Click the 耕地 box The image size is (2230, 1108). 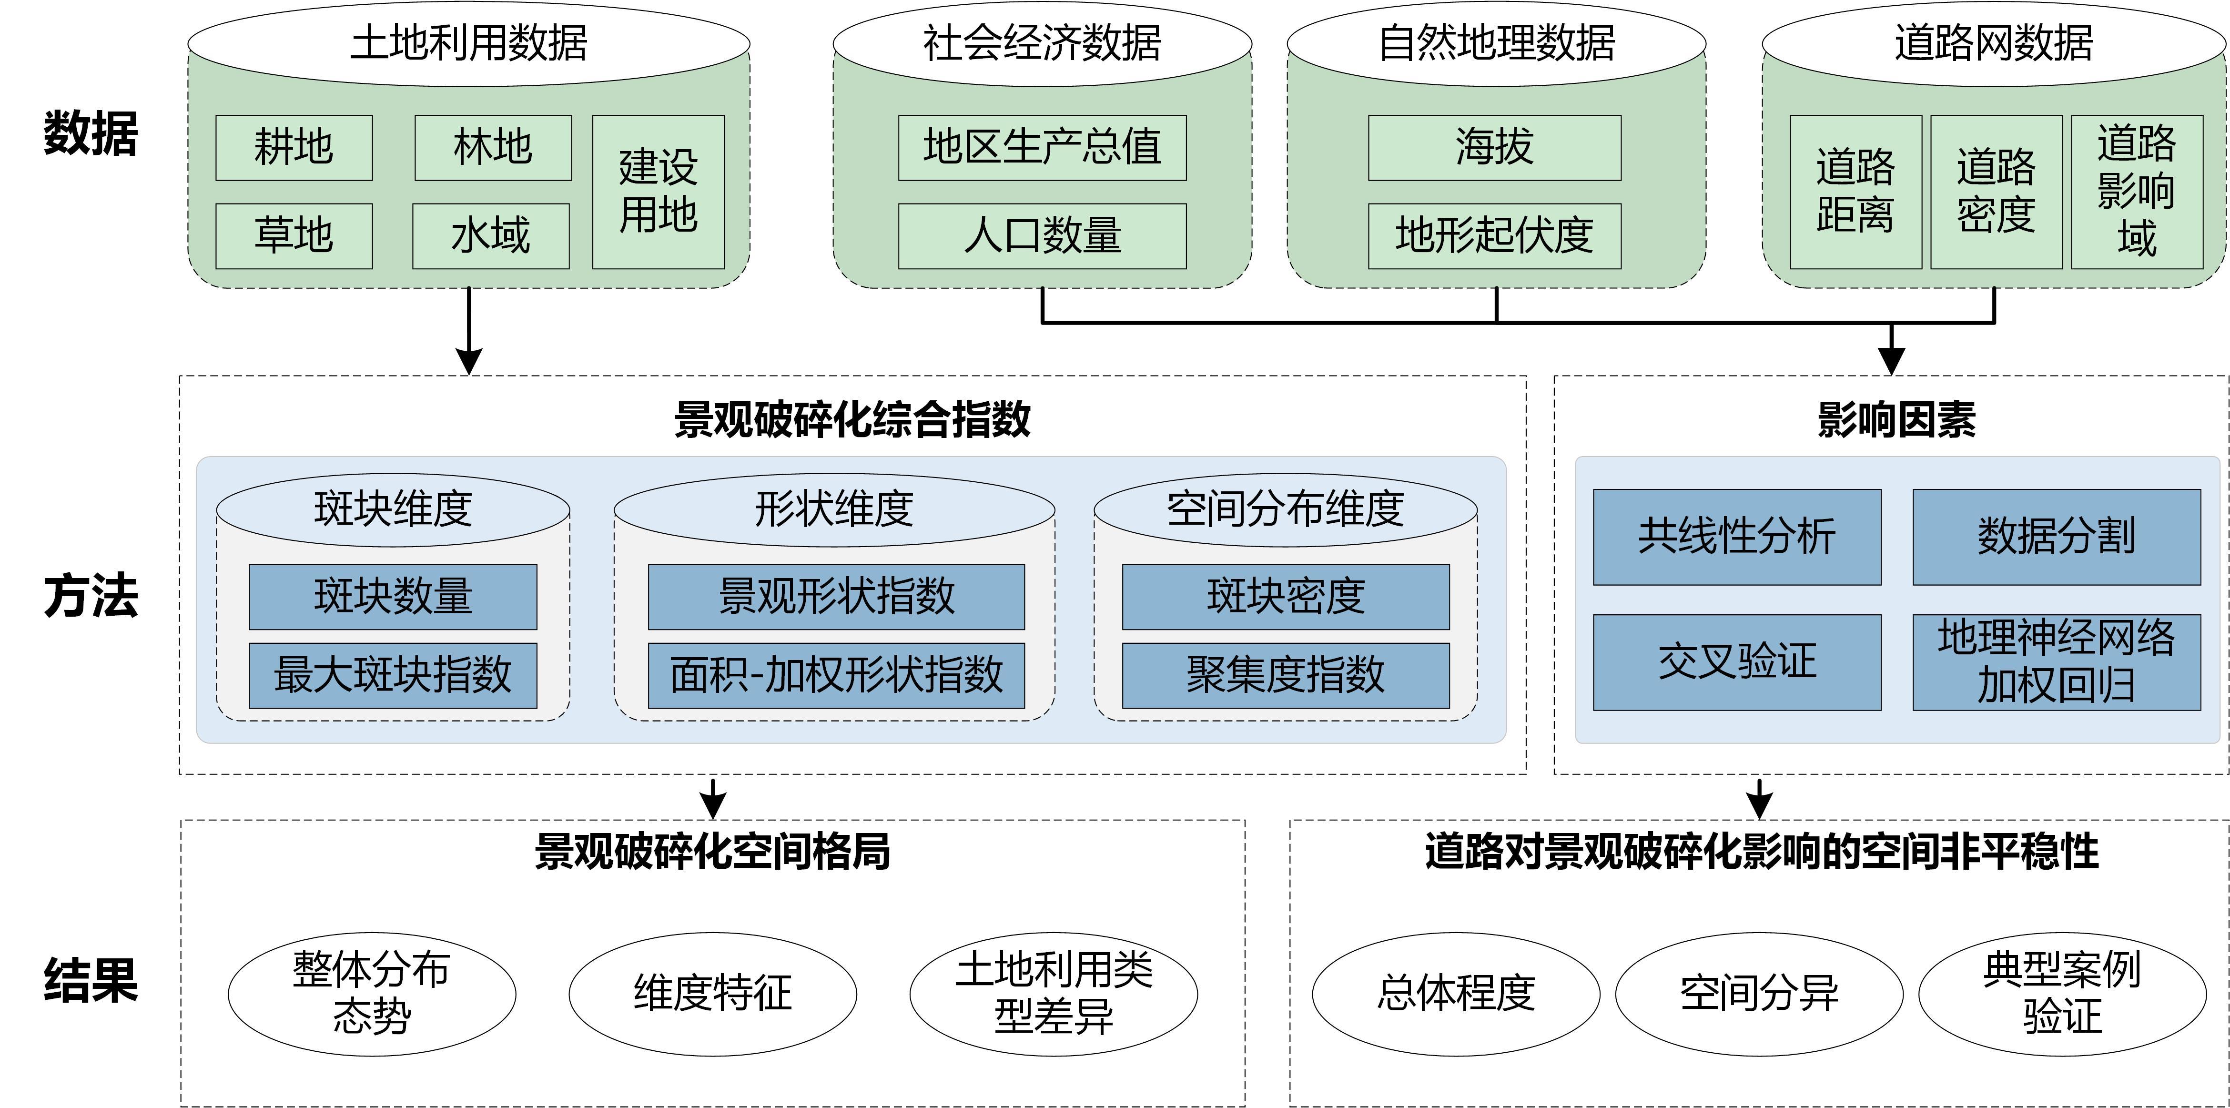point(294,148)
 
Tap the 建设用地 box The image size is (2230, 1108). point(658,191)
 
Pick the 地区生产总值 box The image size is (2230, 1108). point(1042,148)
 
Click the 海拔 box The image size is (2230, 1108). point(1494,148)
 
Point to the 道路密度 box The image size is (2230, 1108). point(1996,191)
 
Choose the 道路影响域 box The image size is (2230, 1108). point(2137,191)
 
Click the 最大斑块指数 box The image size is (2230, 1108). point(393,675)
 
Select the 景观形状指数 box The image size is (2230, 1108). point(836,597)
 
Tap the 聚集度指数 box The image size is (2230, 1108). point(1286,675)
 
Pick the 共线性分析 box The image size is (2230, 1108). point(1736,537)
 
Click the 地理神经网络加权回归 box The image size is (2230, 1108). point(2056,662)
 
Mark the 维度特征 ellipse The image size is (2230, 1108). point(712,993)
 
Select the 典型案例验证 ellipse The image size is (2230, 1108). point(2062,993)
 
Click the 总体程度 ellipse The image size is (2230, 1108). point(1456,993)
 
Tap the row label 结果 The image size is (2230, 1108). point(91,981)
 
